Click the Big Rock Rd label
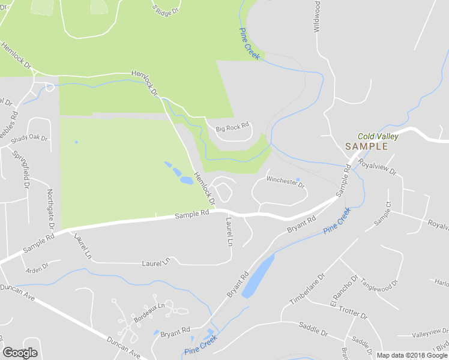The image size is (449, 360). tap(232, 128)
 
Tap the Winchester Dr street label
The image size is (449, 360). tap(286, 179)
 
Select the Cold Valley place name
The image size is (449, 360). tap(378, 137)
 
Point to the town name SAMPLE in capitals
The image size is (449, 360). tap(366, 146)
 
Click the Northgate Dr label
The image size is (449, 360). tap(50, 209)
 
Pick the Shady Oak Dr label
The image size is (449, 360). tap(32, 137)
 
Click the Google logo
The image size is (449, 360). tap(20, 353)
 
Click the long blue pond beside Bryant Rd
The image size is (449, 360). tap(258, 277)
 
